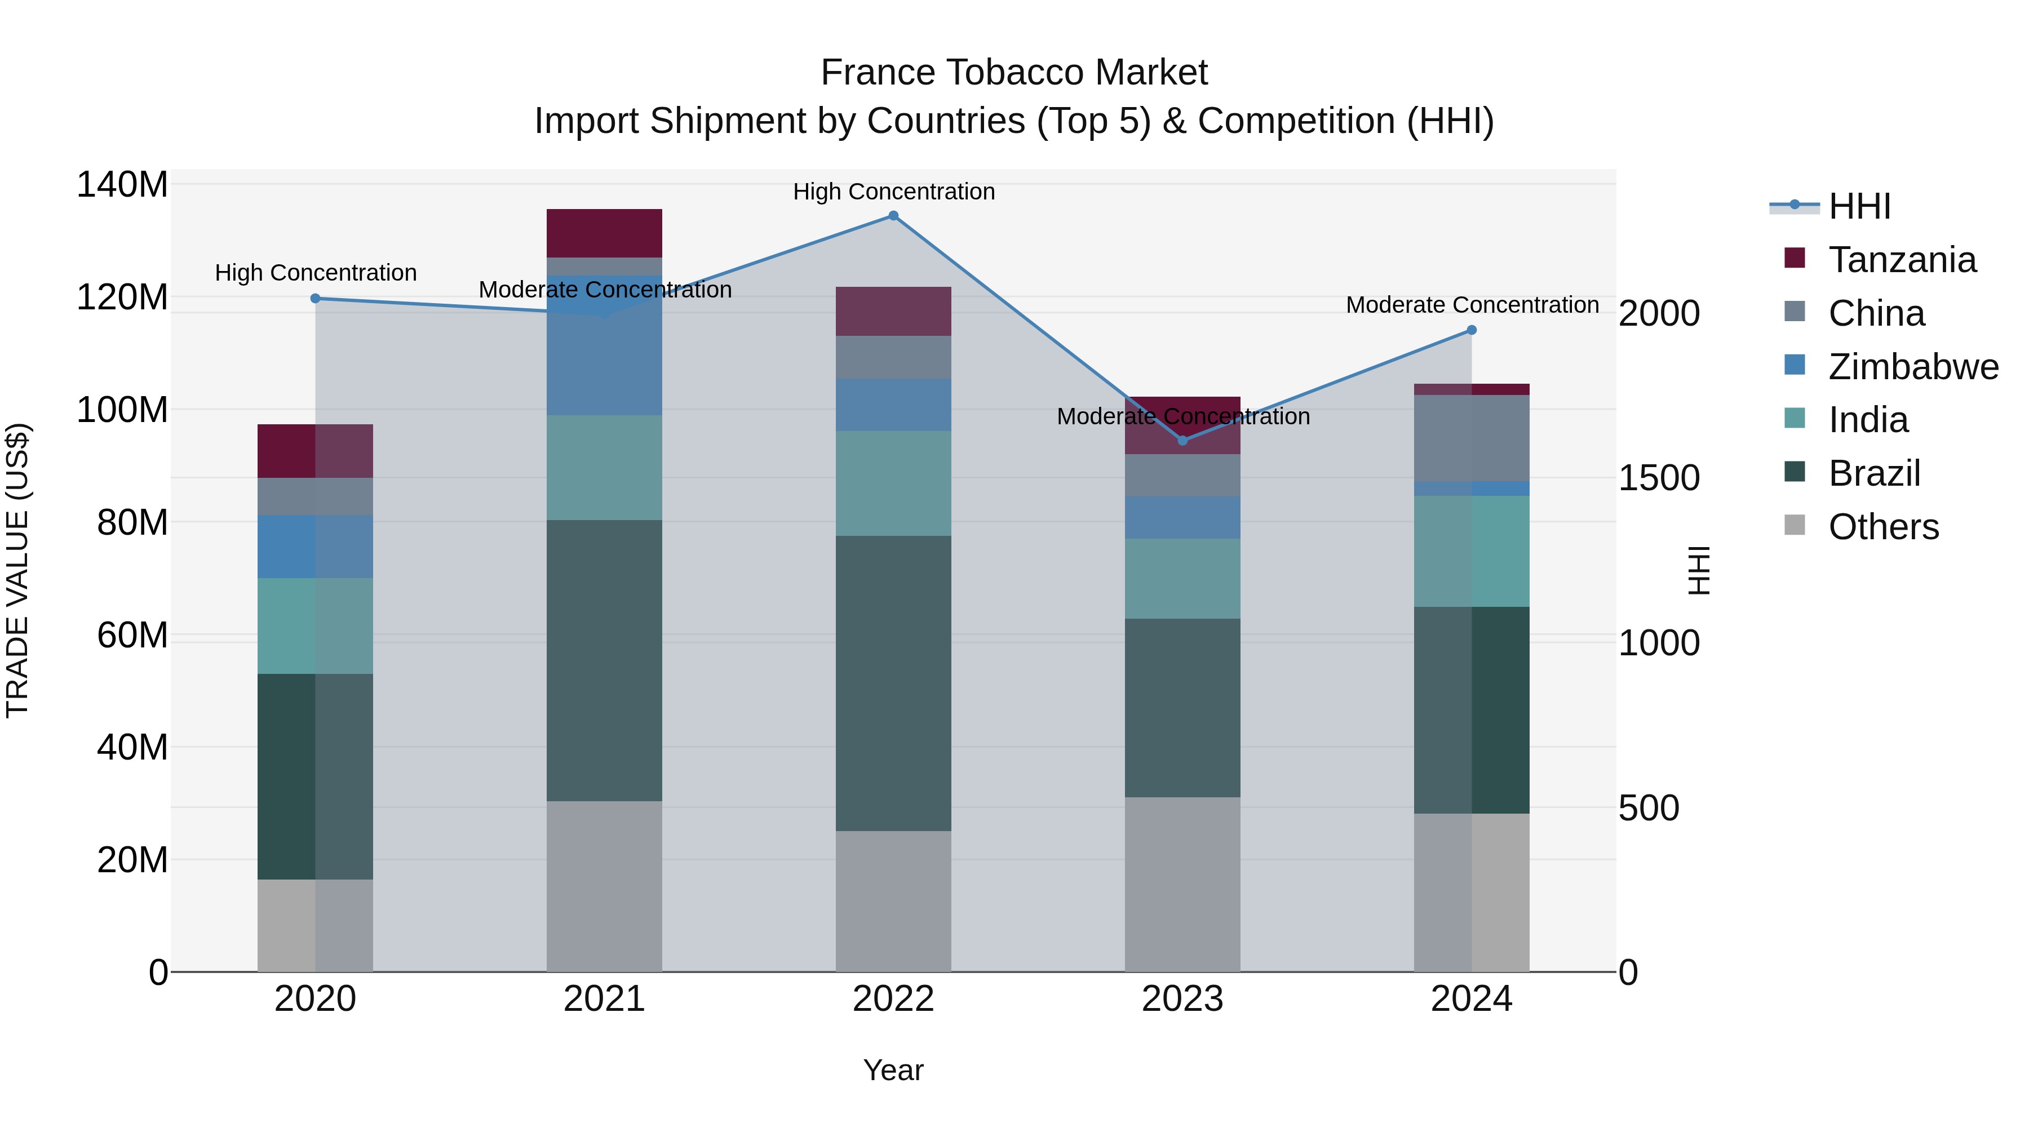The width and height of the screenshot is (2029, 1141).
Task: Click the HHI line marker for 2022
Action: [893, 216]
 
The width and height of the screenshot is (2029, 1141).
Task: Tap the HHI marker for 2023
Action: [1182, 440]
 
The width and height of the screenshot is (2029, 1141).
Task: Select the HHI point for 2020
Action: [315, 299]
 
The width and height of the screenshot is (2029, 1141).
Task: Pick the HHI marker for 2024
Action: [1472, 330]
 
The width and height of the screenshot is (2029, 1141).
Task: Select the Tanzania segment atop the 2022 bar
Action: [893, 311]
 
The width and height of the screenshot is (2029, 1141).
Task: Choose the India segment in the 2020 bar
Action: [315, 625]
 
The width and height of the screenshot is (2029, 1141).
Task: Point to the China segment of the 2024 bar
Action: [1472, 438]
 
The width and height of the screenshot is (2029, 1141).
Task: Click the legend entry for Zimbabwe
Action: [1912, 367]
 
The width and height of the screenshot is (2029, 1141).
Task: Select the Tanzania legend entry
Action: [1902, 260]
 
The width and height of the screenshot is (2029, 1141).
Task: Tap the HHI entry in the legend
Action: [1859, 206]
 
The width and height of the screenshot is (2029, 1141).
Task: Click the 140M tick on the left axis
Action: [122, 185]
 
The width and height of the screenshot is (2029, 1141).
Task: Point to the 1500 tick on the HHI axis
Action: [1659, 478]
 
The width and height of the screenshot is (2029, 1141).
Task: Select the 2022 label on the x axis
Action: [893, 999]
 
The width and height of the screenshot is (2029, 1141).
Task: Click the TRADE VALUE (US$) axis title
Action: [17, 570]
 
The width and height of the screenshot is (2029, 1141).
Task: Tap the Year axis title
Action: [893, 1070]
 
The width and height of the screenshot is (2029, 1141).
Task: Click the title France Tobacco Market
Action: [1014, 73]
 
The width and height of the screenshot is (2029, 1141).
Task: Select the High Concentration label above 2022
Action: [894, 192]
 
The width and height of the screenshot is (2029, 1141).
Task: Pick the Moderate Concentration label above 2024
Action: [1472, 305]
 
